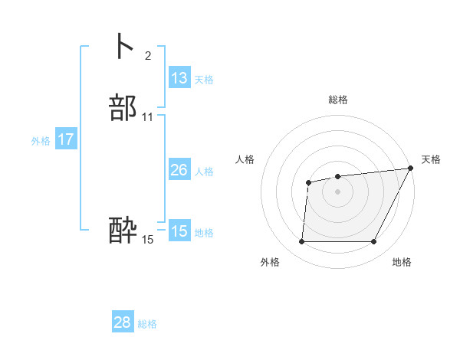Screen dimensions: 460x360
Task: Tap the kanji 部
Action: tap(123, 108)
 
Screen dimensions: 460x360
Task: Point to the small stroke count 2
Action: tap(147, 56)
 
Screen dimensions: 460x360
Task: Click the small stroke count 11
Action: tap(148, 117)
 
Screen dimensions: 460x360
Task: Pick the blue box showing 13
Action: tap(179, 78)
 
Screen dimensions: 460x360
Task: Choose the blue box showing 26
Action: tap(179, 170)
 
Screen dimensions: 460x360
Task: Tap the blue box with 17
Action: tap(66, 139)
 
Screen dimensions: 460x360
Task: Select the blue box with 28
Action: tap(123, 322)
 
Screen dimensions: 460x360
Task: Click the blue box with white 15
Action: tap(179, 231)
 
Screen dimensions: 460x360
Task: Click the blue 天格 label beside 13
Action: tap(204, 80)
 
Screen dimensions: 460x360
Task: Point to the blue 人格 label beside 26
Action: tap(204, 172)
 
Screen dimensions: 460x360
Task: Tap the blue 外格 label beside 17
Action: tap(41, 141)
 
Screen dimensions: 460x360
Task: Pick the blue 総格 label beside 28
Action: tap(148, 324)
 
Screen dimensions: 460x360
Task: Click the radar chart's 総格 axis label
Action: tap(338, 100)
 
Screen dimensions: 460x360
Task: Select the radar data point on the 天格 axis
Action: tap(411, 168)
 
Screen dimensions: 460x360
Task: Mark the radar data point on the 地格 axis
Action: tap(374, 242)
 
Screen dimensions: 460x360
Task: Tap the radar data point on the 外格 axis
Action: tap(301, 242)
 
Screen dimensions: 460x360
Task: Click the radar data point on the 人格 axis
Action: tap(308, 182)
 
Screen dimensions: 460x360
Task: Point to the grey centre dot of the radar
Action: tap(338, 191)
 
